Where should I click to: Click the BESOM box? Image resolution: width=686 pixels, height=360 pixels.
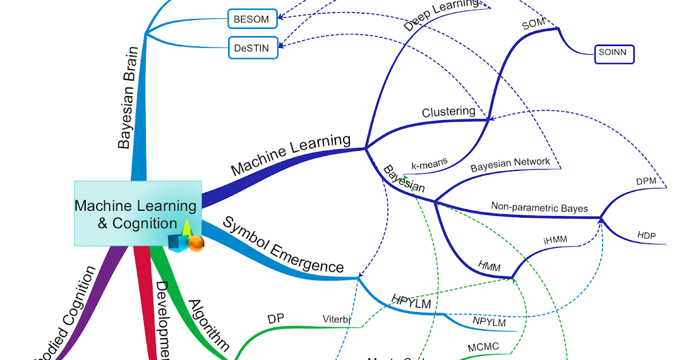coord(252,18)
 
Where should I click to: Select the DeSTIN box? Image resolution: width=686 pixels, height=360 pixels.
coord(252,48)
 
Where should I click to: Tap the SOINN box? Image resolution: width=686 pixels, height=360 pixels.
coord(614,54)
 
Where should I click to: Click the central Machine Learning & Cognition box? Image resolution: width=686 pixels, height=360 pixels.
coord(137,214)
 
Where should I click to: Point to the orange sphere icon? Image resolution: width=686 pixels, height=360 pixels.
coord(196,243)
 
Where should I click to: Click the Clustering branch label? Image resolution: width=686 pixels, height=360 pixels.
coord(448,111)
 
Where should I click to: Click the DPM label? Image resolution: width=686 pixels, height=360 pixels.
coord(647,181)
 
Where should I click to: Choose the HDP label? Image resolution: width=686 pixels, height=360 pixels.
coord(647,235)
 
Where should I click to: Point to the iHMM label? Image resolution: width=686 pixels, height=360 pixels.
coord(555,240)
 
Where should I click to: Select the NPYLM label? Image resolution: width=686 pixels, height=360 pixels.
coord(489,322)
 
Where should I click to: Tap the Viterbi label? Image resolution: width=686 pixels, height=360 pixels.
coord(336,319)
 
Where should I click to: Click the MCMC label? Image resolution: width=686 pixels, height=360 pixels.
coord(483,347)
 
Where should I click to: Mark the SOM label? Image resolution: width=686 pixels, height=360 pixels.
coord(534,25)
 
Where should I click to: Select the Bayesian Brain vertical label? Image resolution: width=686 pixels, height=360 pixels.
coord(127,98)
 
